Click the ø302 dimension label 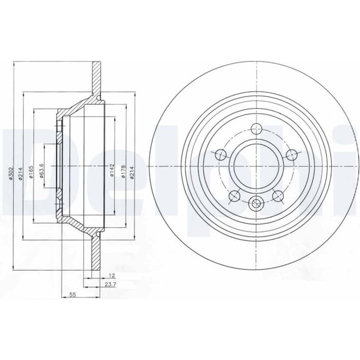pyautogui.click(x=11, y=173)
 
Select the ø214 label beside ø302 pyautogui.click(x=21, y=173)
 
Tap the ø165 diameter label pyautogui.click(x=31, y=172)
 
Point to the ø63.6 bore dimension pyautogui.click(x=41, y=171)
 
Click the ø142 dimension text pyautogui.click(x=112, y=170)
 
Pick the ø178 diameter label pyautogui.click(x=123, y=172)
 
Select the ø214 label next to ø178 pyautogui.click(x=132, y=173)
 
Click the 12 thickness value pyautogui.click(x=112, y=275)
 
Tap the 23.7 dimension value pyautogui.click(x=111, y=284)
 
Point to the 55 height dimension pyautogui.click(x=73, y=294)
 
